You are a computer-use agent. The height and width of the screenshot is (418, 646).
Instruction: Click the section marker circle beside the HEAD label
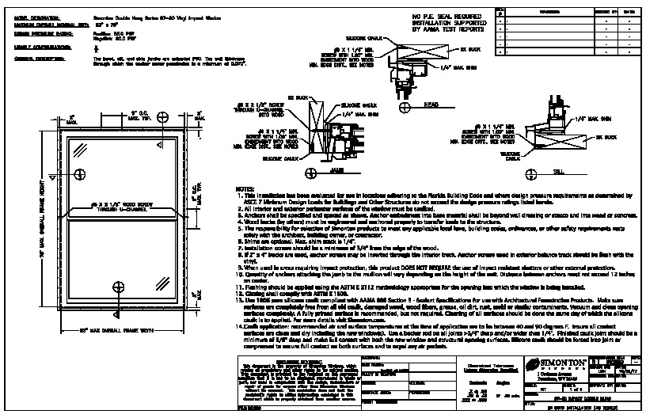pyautogui.click(x=405, y=103)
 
